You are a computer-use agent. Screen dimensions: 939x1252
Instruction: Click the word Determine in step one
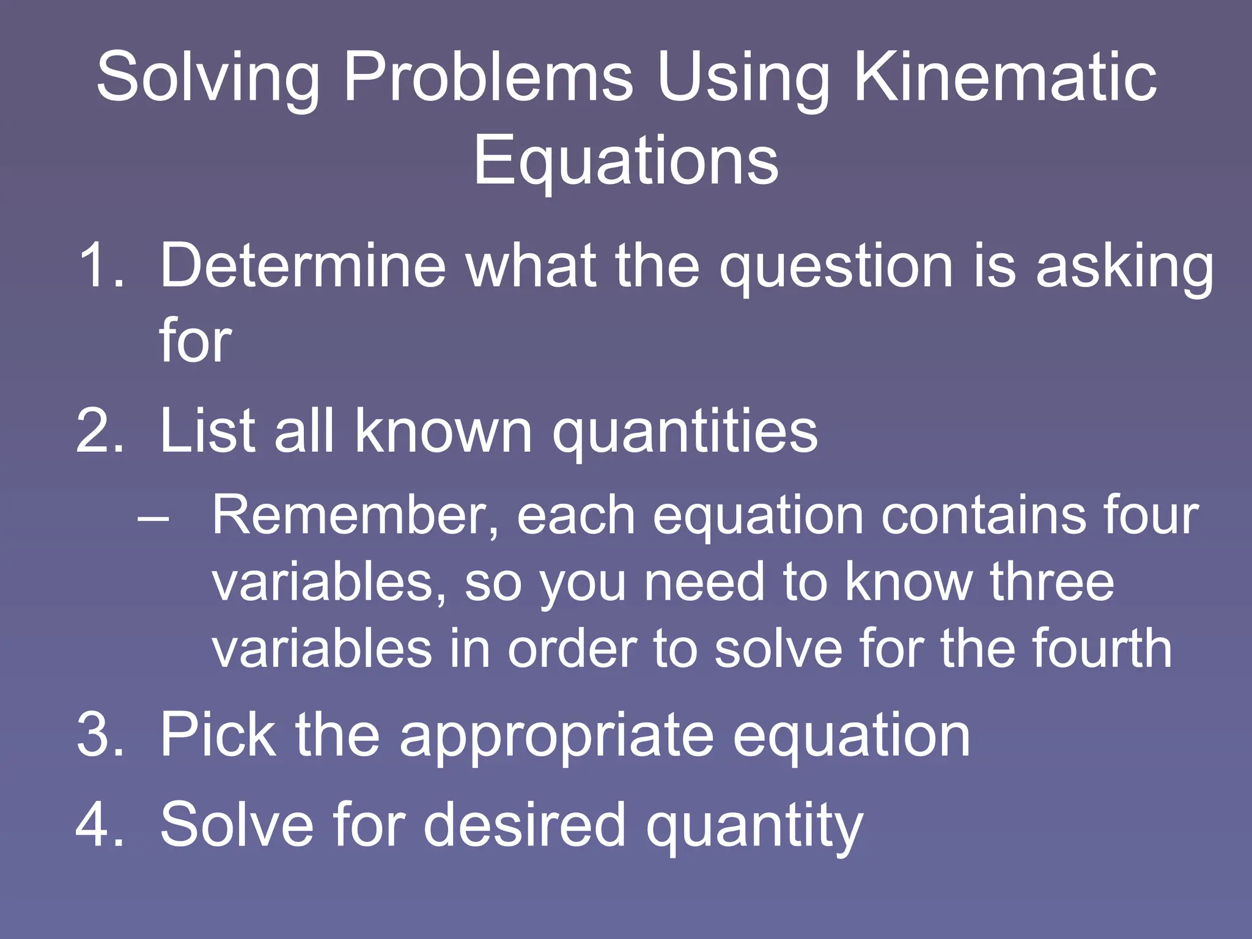[303, 265]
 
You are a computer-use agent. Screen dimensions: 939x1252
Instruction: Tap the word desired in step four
[525, 825]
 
